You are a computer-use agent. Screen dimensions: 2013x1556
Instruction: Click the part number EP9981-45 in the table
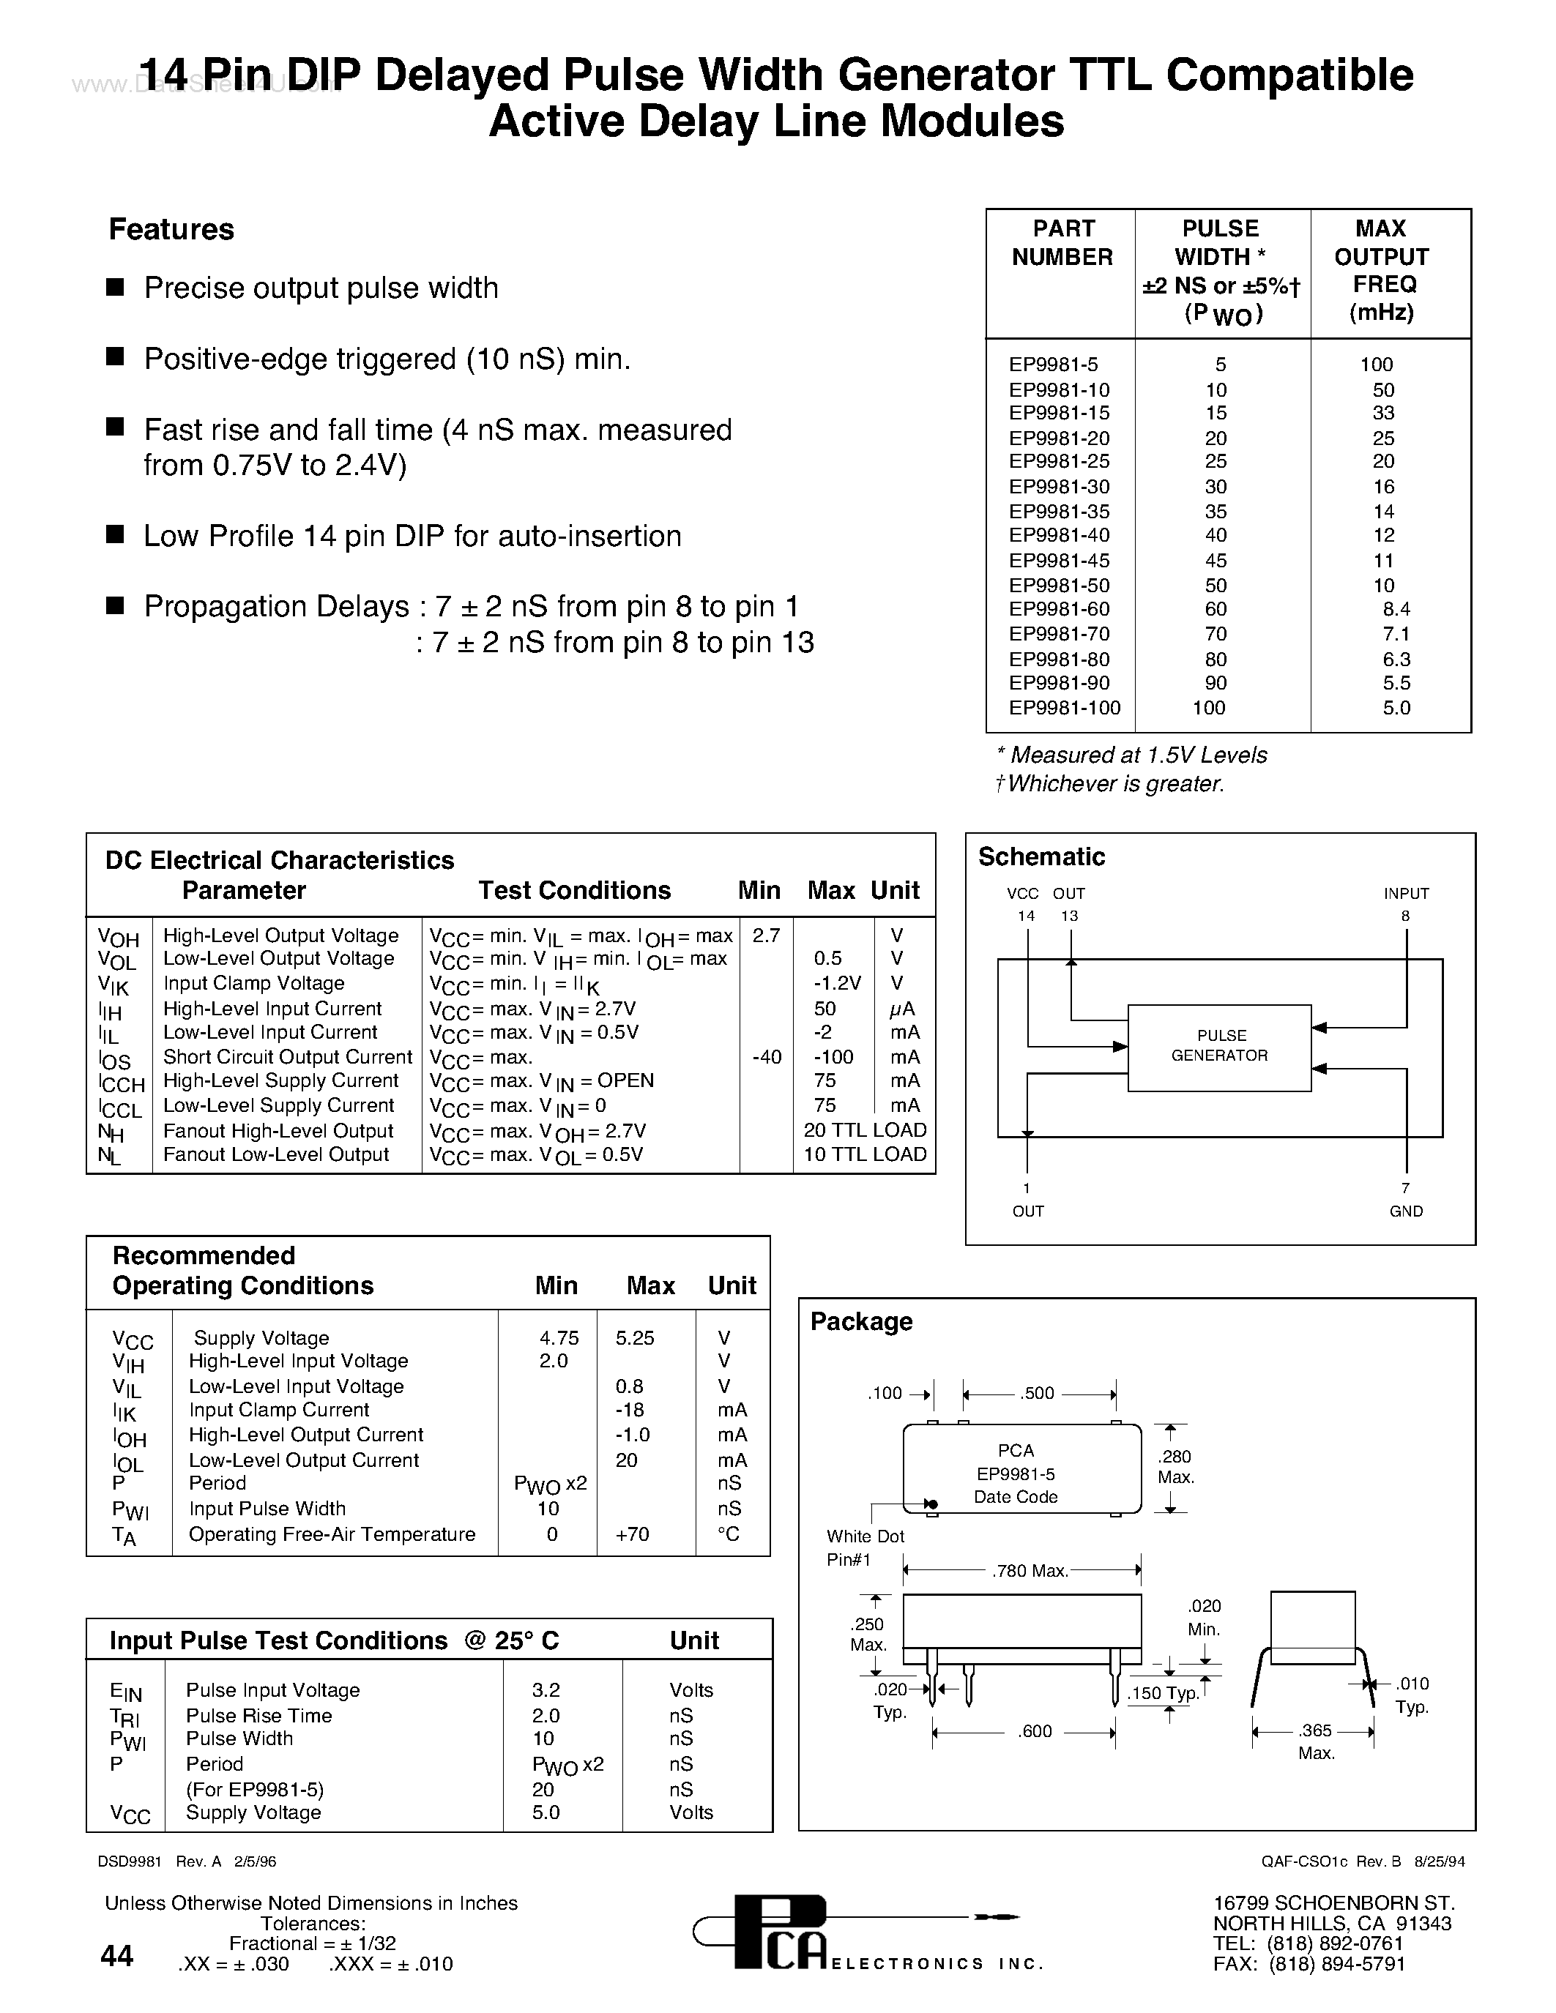click(1059, 561)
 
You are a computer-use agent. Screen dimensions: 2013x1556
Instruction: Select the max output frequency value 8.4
click(1396, 609)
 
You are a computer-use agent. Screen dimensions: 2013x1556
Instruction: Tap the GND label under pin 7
click(1406, 1211)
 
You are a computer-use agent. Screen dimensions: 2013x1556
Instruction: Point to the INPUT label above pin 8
click(1406, 893)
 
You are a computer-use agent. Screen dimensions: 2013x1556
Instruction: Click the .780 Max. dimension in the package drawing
click(1029, 1571)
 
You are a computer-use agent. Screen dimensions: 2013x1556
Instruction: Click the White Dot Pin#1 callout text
click(864, 1547)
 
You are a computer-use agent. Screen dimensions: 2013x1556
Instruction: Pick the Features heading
click(171, 230)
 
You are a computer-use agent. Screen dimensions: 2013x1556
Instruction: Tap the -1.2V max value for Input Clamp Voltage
click(837, 984)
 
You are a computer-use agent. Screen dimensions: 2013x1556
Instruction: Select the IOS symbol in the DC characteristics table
click(115, 1060)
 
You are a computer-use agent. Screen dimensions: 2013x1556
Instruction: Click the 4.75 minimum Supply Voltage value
click(559, 1337)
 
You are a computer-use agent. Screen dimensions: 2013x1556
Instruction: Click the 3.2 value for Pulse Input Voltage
click(546, 1689)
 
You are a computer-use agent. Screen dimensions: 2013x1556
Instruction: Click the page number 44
click(117, 1955)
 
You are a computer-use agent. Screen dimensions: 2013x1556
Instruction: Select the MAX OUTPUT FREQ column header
click(1381, 270)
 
